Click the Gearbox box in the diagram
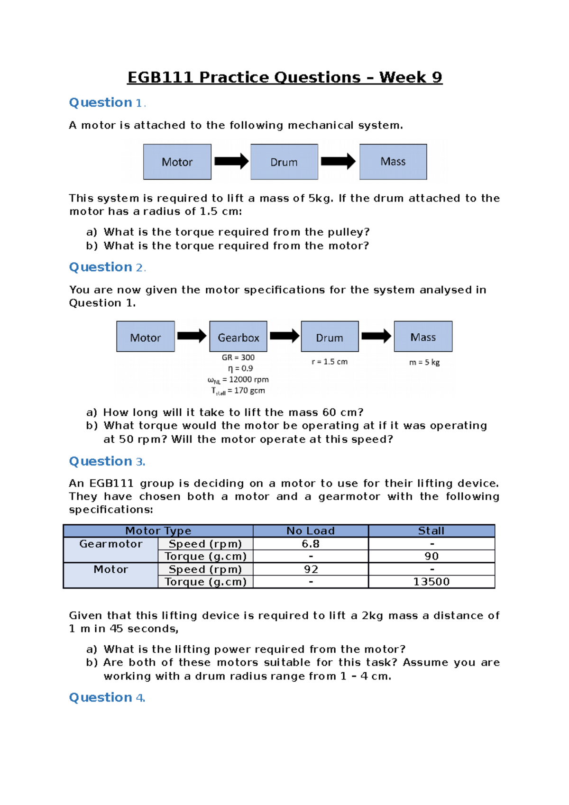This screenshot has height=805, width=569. tap(238, 337)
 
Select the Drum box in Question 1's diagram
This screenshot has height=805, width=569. tap(284, 162)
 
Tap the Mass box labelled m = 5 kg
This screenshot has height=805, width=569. tap(423, 337)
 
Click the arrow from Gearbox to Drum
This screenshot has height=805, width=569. tap(284, 336)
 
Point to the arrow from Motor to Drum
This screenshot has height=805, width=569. tap(231, 161)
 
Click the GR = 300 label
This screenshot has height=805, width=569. tap(238, 357)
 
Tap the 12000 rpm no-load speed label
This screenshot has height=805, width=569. tap(238, 380)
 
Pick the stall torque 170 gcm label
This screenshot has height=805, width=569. tap(238, 391)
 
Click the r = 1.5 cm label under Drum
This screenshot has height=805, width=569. tap(330, 362)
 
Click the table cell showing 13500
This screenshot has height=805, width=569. tap(431, 582)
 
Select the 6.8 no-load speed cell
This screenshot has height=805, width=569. tap(311, 544)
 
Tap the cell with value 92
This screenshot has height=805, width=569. tap(311, 569)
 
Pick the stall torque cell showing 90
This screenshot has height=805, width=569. tap(431, 556)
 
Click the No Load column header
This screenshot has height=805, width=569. tap(311, 531)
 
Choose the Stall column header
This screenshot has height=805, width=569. tap(431, 531)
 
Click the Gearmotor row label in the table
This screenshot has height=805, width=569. tap(110, 544)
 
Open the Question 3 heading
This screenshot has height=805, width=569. tap(107, 461)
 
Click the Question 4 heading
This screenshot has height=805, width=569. tap(107, 697)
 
